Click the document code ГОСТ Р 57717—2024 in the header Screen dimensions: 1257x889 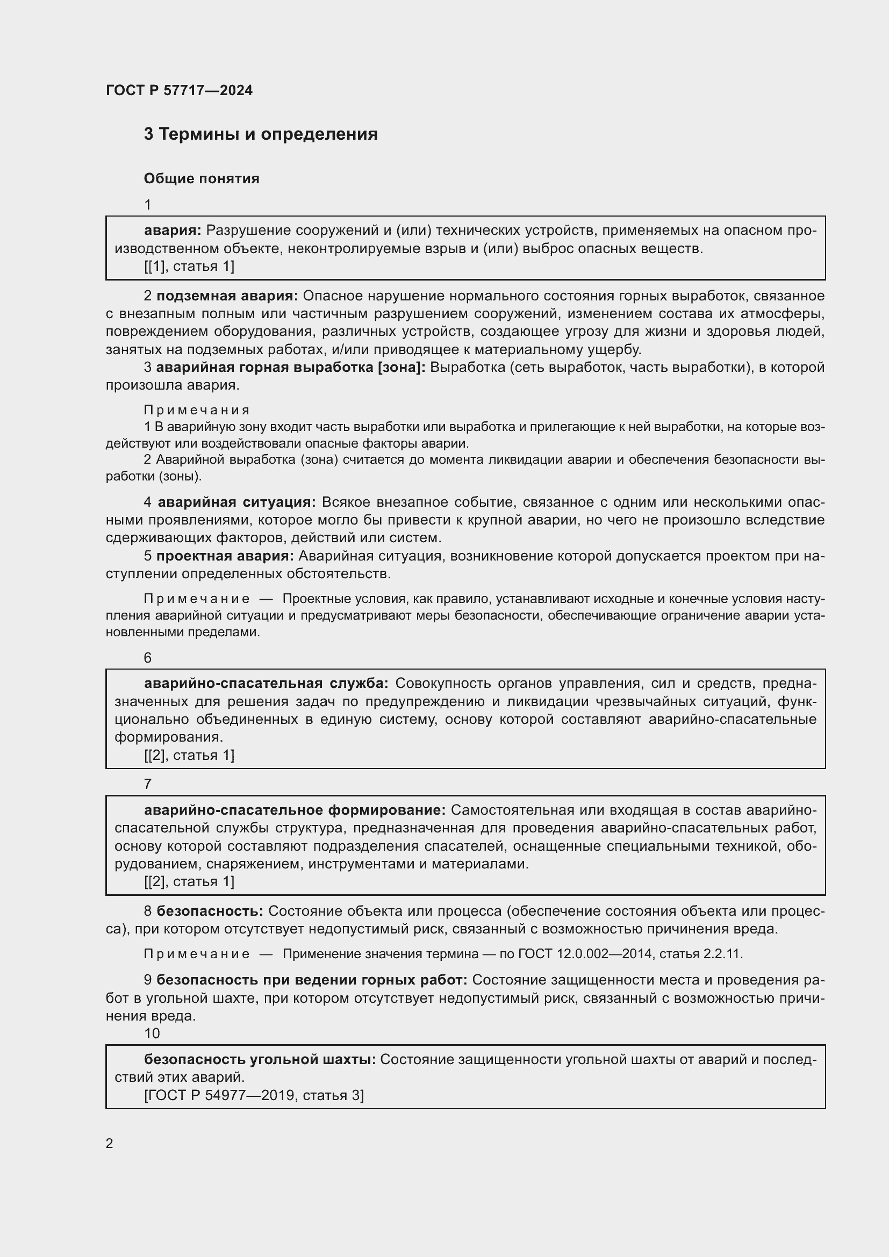(x=179, y=90)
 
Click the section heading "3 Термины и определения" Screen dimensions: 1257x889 (x=261, y=134)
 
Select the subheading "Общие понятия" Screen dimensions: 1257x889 (x=202, y=178)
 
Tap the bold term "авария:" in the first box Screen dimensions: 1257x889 (x=173, y=231)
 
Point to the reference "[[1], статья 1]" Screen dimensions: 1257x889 (x=189, y=266)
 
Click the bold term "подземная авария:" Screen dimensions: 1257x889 (x=227, y=296)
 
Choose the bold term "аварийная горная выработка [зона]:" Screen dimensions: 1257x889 (x=291, y=368)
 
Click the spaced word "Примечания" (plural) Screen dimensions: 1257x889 (x=197, y=410)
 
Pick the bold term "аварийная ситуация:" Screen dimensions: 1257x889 (x=236, y=502)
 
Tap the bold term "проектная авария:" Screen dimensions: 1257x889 (x=225, y=556)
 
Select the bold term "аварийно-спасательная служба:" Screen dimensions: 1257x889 (x=266, y=683)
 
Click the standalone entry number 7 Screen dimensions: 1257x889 (x=148, y=784)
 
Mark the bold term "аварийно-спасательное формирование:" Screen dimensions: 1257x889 (x=295, y=810)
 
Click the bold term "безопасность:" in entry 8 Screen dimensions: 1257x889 (x=210, y=911)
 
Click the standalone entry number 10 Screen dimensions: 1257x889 (x=152, y=1033)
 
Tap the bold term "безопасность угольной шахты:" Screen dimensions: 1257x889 (x=260, y=1059)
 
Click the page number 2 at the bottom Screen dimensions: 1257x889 (x=110, y=1143)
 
